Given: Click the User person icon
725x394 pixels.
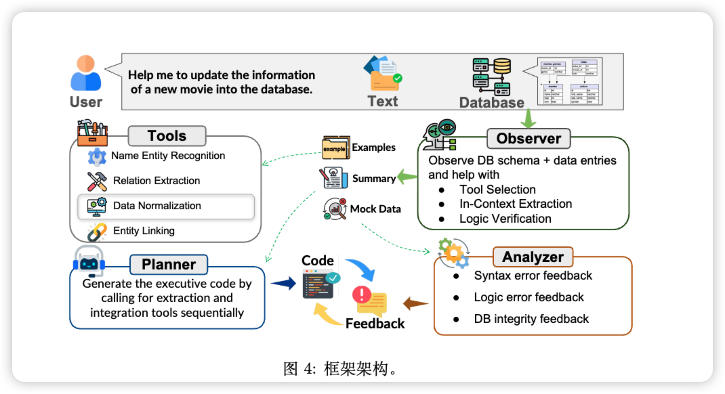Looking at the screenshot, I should coord(86,72).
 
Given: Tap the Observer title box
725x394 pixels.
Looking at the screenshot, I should coord(529,139).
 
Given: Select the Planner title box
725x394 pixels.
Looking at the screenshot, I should coord(169,264).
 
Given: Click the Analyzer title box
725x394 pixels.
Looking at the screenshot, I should coord(533,257).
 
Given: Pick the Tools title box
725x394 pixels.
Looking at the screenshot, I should coord(167,136).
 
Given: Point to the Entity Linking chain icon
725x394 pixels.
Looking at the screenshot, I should coord(97,232).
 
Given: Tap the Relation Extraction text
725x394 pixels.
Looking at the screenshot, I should coord(157,181).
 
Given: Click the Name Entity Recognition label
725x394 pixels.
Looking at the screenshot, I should coord(168,156).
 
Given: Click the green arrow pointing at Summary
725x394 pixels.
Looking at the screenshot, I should coord(407,178).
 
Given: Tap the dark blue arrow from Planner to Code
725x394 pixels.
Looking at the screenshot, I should coord(283,284).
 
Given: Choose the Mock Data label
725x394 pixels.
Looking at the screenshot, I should coord(375,209).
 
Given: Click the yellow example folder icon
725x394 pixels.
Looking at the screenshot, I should coord(335,147).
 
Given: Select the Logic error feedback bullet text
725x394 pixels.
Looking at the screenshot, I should coord(529,297).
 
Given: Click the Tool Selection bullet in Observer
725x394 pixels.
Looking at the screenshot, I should coord(497,190).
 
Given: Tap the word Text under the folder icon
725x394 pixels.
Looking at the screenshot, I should coord(383,102).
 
